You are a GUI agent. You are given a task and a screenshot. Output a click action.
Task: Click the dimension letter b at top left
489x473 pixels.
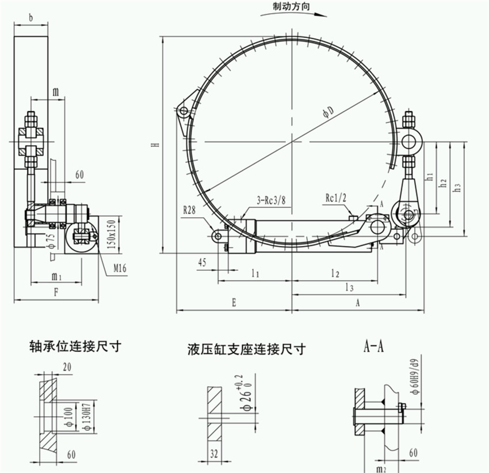click(30, 17)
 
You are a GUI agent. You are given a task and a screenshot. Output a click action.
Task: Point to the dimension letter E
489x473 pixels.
click(234, 302)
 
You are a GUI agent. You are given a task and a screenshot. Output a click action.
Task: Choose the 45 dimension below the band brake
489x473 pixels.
click(203, 262)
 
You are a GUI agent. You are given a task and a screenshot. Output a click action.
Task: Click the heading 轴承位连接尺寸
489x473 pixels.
click(75, 347)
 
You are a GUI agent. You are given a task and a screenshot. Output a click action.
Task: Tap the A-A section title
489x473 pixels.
click(374, 346)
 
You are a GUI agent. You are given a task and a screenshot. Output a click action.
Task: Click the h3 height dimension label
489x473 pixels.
click(457, 187)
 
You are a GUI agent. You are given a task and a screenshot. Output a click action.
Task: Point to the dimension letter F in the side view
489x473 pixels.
click(56, 292)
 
